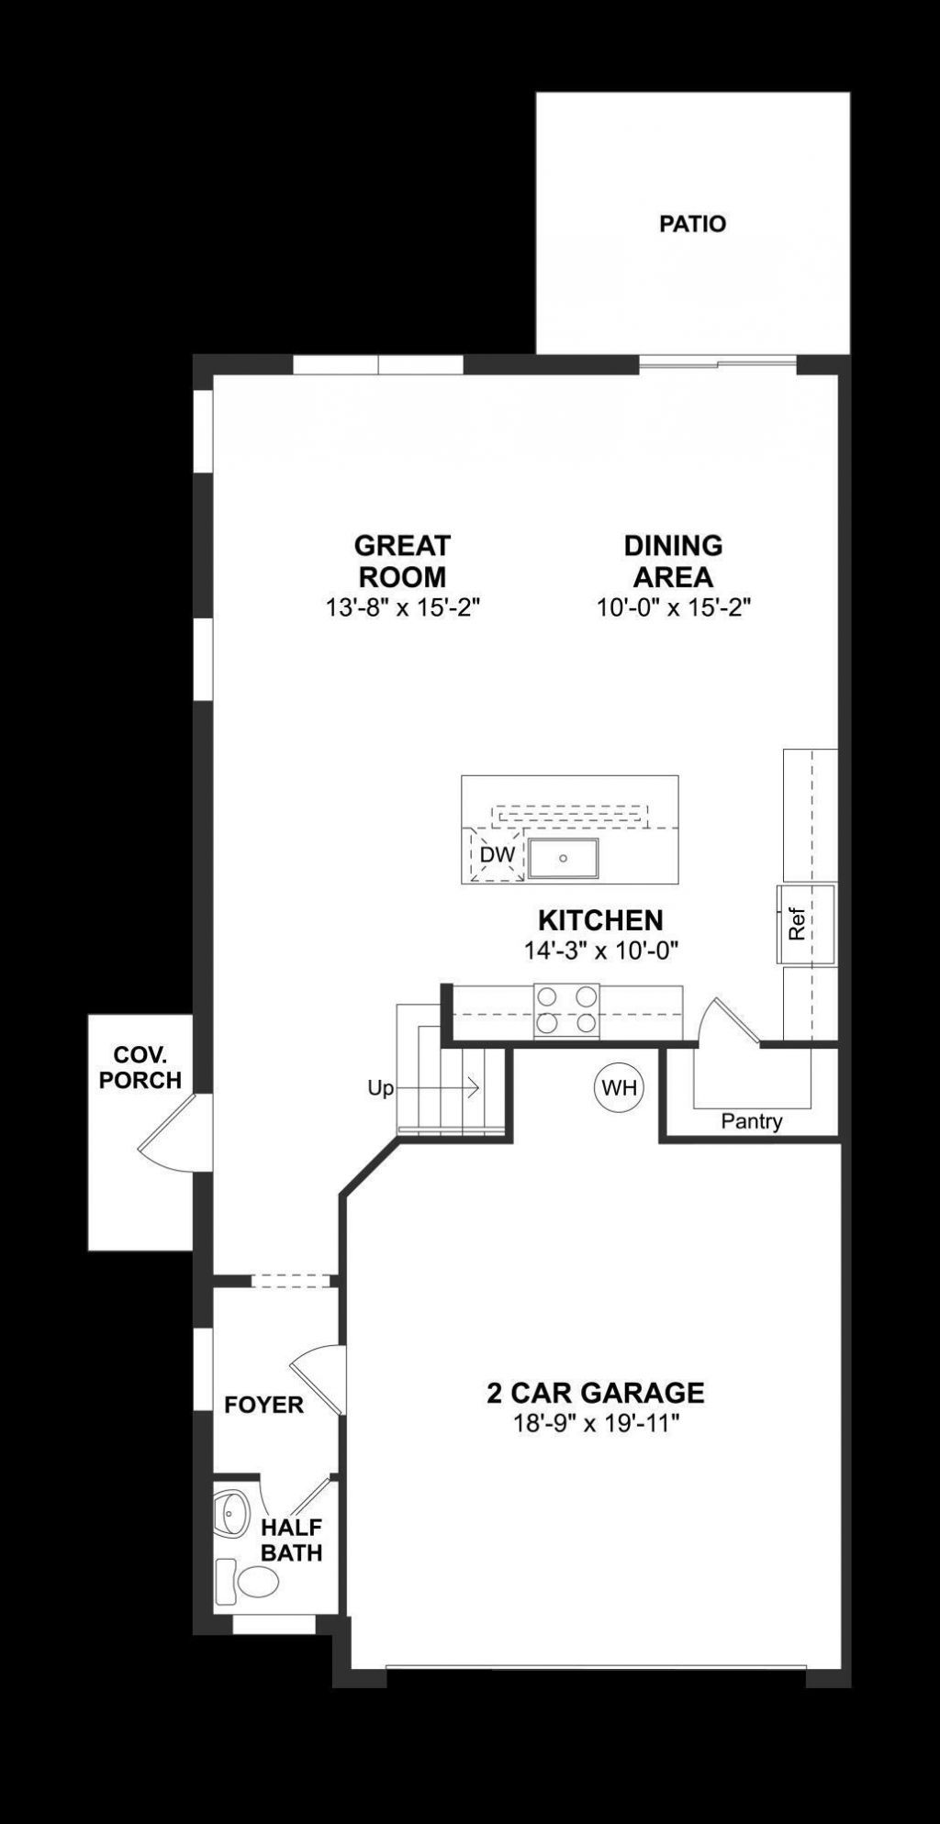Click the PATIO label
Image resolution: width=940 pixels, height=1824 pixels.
[692, 224]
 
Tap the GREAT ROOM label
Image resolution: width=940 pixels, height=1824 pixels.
[402, 562]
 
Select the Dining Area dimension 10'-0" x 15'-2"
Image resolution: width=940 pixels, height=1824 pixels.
[674, 607]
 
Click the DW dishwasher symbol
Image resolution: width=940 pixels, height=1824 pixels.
[497, 855]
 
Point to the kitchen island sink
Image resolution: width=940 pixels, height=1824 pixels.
[563, 858]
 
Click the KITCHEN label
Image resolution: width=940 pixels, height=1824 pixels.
[600, 920]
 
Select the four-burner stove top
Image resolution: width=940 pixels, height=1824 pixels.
[566, 1010]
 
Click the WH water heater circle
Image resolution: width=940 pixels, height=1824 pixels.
[619, 1088]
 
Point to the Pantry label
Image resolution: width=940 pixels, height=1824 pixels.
[751, 1121]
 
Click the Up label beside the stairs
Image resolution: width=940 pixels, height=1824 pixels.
[380, 1088]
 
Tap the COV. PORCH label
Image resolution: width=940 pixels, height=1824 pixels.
[140, 1067]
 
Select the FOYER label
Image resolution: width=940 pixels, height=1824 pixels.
[263, 1405]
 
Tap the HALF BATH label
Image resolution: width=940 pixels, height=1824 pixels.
[291, 1540]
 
